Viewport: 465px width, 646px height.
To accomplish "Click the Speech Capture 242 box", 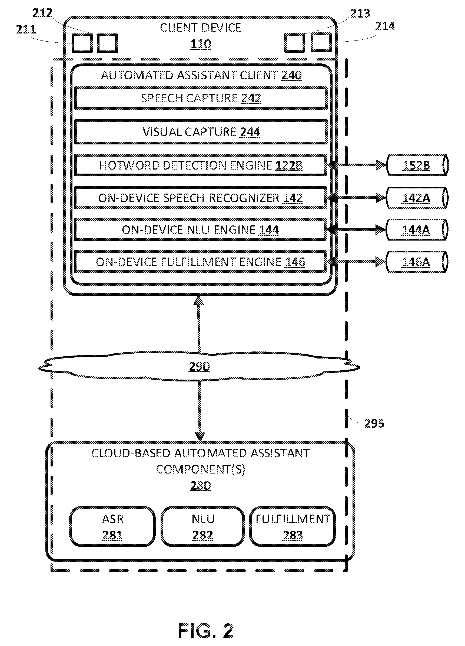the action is (x=201, y=98).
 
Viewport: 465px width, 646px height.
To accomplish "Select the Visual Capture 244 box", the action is (x=201, y=132).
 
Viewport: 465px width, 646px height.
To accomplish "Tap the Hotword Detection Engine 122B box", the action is (x=201, y=165).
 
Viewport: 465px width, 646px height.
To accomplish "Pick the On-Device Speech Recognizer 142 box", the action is (x=200, y=198).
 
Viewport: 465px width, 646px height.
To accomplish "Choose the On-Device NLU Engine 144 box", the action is (x=200, y=230).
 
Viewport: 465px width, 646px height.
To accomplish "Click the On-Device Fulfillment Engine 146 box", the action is (x=200, y=262).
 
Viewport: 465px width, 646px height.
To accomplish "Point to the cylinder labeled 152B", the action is (x=417, y=165).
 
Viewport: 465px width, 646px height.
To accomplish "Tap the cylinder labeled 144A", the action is (x=417, y=230).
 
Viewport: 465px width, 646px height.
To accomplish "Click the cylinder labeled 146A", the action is (x=417, y=262).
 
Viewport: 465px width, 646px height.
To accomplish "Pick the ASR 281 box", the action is (x=113, y=527).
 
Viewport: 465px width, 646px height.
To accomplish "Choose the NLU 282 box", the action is (x=203, y=527).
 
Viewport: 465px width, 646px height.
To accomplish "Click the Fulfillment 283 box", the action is (x=293, y=527).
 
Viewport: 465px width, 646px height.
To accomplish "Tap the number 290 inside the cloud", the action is (x=200, y=367).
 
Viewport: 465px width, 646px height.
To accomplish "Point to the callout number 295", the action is (x=374, y=424).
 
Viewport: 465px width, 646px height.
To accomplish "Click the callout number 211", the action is (x=26, y=29).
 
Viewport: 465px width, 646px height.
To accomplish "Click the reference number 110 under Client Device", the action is (x=201, y=44).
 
